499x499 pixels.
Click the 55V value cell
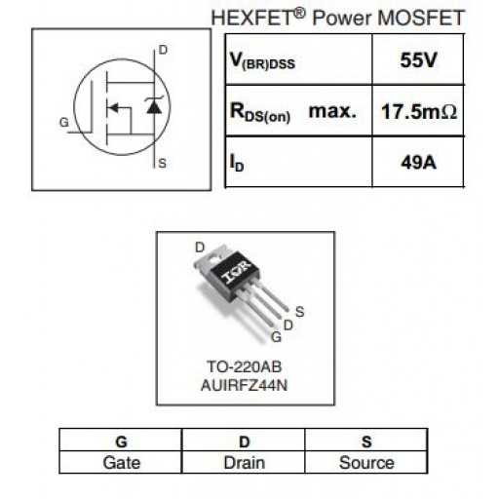point(418,60)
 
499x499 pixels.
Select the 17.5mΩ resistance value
point(419,111)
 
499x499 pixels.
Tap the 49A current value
point(418,162)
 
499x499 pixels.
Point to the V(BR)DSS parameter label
point(262,60)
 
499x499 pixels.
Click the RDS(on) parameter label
point(260,112)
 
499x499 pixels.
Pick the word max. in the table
point(332,111)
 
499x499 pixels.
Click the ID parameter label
point(237,163)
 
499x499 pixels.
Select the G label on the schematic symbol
point(64,123)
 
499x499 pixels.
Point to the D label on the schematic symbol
point(163,50)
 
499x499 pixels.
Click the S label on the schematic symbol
point(162,163)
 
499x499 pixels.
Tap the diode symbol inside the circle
point(154,104)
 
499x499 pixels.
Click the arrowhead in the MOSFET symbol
point(113,107)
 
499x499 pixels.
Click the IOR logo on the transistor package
point(236,272)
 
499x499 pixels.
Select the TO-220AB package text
point(245,366)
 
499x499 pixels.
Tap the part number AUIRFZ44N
point(245,385)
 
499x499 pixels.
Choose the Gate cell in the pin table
point(122,463)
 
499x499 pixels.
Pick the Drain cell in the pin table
point(245,463)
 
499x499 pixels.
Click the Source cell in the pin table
point(366,463)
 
